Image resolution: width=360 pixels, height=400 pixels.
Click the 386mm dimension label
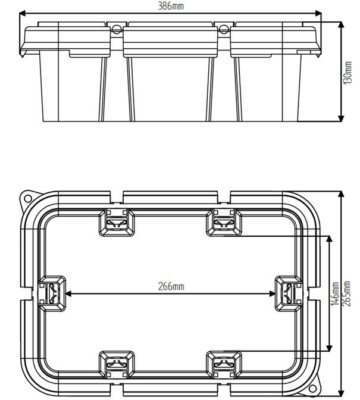(173, 6)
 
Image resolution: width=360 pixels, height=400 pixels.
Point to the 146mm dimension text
(334, 293)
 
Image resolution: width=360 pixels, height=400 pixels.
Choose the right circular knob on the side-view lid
(224, 28)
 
